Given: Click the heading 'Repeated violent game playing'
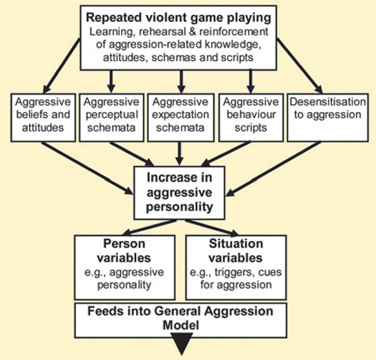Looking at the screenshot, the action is tap(178, 18).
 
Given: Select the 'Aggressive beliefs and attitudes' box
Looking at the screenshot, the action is tap(43, 118).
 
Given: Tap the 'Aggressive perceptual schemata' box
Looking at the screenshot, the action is tap(112, 118).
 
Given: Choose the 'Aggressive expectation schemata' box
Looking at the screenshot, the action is tap(180, 118).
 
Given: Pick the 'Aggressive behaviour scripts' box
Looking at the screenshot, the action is tap(251, 118).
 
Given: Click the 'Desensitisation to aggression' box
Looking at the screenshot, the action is tap(327, 118).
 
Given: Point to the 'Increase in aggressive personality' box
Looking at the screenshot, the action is tap(179, 193).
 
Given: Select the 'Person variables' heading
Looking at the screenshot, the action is tap(124, 251).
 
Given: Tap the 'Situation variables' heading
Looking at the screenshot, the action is tap(236, 251).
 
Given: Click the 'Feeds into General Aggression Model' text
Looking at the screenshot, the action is tap(180, 318).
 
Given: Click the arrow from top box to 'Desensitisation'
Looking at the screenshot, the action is tap(299, 66).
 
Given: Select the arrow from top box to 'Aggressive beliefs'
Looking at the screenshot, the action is tap(62, 66).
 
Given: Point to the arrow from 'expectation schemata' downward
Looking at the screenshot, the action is tap(179, 153).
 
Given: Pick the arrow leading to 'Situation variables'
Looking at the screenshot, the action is tap(212, 227).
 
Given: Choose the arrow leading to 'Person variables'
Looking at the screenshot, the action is tap(149, 227).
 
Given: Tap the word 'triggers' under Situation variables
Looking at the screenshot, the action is tap(231, 273).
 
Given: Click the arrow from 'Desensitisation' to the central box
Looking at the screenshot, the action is tap(273, 169).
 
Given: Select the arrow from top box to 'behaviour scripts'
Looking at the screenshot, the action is tap(251, 82).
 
